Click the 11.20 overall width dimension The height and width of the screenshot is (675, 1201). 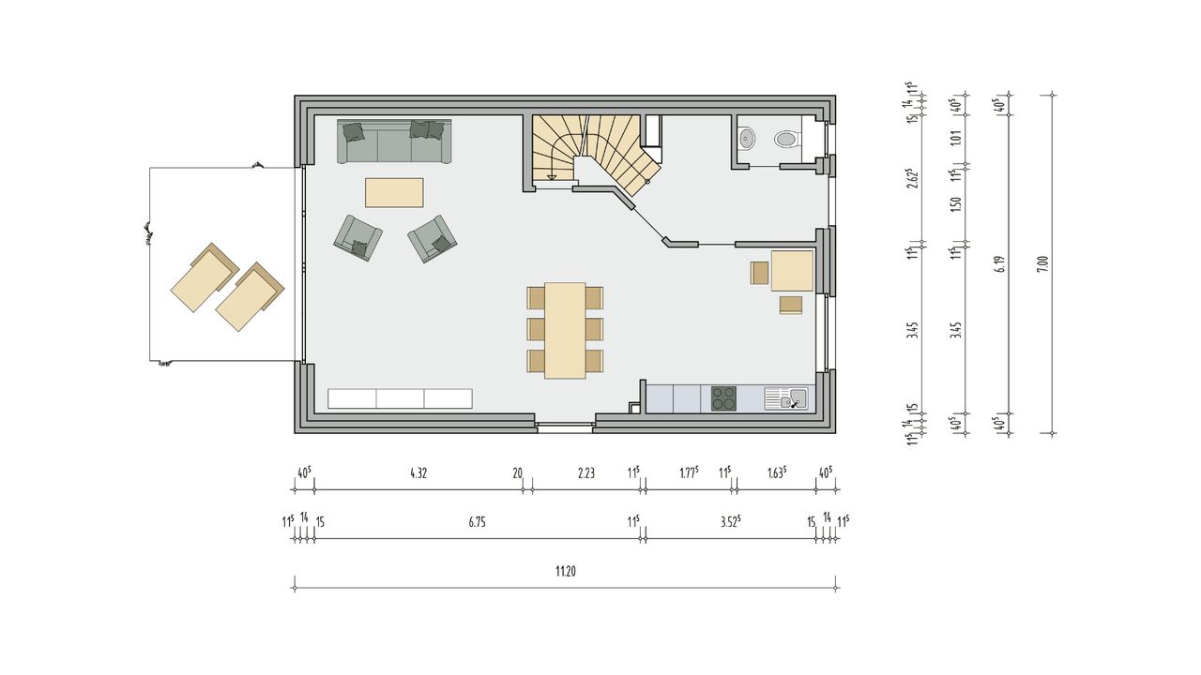(x=566, y=572)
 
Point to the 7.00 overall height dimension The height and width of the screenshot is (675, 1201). (x=1042, y=264)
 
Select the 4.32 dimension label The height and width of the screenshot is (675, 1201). (x=418, y=473)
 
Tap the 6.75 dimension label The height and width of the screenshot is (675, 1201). (x=477, y=522)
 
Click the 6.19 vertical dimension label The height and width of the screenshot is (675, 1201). (x=999, y=264)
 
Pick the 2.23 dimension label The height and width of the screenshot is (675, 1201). (x=586, y=473)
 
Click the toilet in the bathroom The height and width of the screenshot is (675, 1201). (x=787, y=140)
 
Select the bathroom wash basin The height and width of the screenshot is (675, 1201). (x=746, y=139)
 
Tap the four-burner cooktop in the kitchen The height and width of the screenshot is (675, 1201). (x=723, y=398)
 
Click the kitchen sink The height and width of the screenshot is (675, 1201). (x=786, y=398)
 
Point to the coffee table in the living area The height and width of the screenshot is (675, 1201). (x=394, y=193)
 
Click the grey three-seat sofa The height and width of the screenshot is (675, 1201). (x=394, y=141)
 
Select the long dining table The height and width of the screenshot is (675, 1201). (x=565, y=331)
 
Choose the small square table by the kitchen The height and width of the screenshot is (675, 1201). (x=793, y=271)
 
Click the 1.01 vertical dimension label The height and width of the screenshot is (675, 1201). (x=956, y=138)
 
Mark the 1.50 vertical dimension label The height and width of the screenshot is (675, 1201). (x=956, y=204)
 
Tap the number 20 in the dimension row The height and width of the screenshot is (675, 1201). (x=517, y=473)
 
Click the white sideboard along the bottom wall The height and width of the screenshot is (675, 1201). (x=400, y=398)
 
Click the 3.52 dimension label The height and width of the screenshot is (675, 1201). (x=731, y=522)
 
